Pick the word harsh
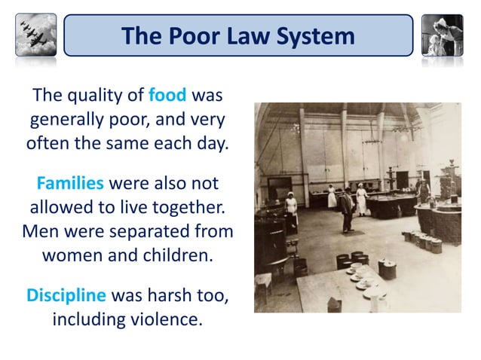[x=171, y=295]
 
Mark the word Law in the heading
[x=241, y=35]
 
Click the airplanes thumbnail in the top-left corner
[x=35, y=35]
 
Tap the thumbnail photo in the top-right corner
[x=443, y=35]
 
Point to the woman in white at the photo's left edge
[x=290, y=211]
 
